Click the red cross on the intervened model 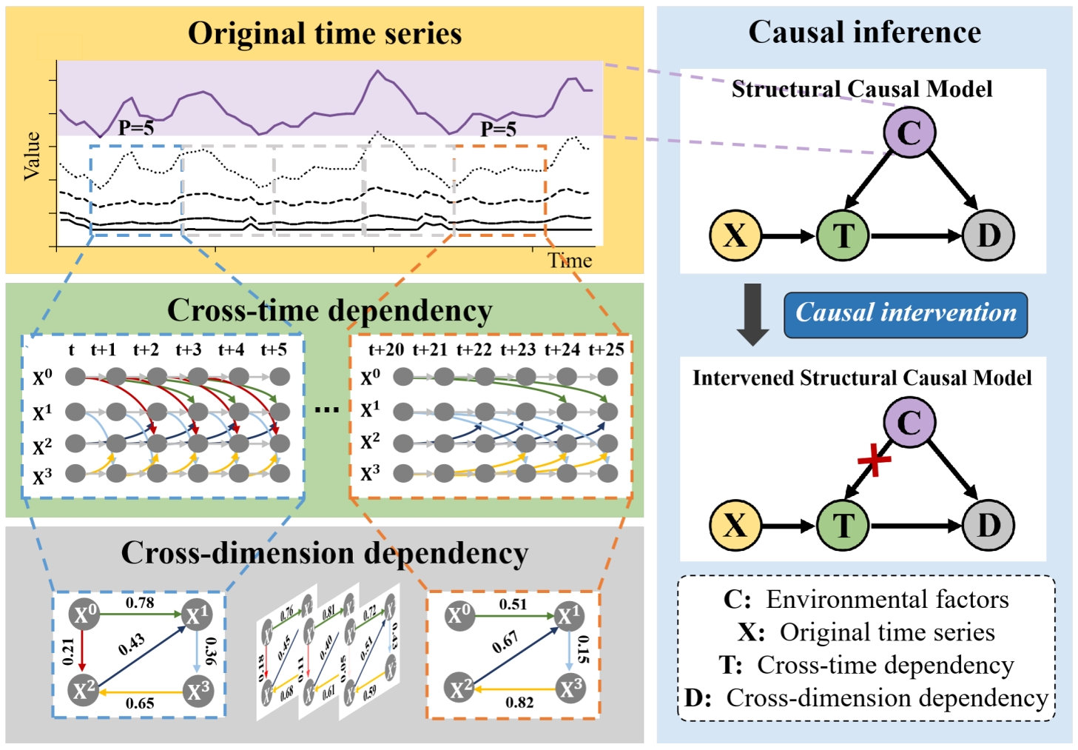tap(874, 460)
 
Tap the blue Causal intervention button tap(906, 314)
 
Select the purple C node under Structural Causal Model tap(909, 133)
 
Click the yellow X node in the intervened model tap(735, 525)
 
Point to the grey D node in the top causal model tap(988, 235)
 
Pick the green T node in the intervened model tap(843, 525)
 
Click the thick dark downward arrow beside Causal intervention tap(753, 314)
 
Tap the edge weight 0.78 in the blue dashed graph tap(140, 603)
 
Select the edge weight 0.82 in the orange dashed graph tap(519, 701)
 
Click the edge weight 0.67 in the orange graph tap(505, 642)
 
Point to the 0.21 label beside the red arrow tap(69, 651)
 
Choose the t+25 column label tap(606, 349)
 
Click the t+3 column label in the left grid tap(189, 349)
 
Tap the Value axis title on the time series tap(32, 155)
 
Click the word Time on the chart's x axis tap(570, 261)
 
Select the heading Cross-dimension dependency tap(324, 553)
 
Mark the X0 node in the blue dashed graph tap(84, 615)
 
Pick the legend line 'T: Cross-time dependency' tap(866, 665)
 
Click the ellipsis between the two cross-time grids tap(326, 409)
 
